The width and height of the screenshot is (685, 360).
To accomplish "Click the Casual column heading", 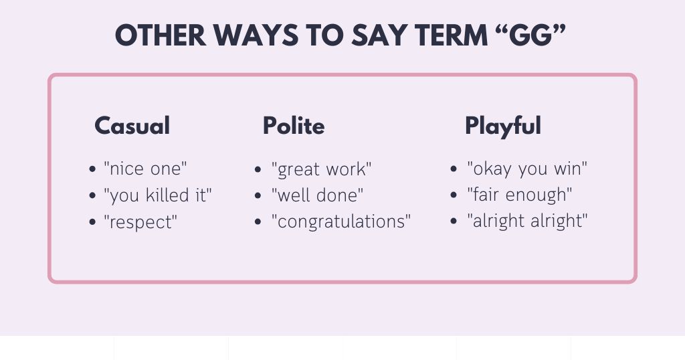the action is coord(132,126).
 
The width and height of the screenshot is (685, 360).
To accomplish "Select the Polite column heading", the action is coord(294,126).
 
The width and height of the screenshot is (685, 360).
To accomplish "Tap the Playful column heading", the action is coord(503,126).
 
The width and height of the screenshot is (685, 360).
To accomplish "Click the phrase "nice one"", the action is coord(145,169).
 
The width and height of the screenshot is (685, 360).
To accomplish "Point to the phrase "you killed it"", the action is coord(158,195).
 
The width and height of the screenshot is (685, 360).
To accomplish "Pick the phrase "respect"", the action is coord(140,222).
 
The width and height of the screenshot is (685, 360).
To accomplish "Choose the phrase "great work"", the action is coord(321,169).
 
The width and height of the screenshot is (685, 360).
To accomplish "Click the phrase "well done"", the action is coord(317,195).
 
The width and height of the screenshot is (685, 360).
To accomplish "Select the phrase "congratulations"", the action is coord(340,221).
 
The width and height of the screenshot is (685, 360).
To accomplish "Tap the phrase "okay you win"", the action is coord(527,169).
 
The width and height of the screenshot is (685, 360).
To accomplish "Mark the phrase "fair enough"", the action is coord(519,195).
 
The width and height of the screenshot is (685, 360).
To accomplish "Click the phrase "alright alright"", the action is coord(527,221).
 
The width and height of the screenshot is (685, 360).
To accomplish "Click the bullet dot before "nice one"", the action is coord(92,169).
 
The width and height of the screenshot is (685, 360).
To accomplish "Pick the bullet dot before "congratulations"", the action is coord(258,221).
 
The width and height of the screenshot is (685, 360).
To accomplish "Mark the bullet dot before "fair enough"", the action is coord(454,195).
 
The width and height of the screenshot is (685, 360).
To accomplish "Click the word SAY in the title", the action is coord(379,35).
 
